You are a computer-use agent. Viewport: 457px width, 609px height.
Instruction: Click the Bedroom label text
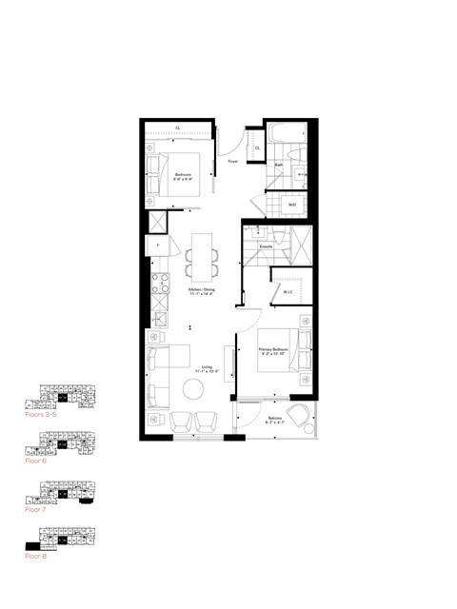tap(184, 177)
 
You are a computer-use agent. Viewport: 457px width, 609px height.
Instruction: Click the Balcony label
tap(274, 420)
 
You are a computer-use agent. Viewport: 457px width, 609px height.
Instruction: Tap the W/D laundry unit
tap(291, 204)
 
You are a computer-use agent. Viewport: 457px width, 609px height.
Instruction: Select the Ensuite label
tap(268, 246)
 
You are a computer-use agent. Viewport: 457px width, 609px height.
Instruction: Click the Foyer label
tap(232, 162)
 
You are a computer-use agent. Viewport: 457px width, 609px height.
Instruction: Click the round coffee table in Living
tap(193, 388)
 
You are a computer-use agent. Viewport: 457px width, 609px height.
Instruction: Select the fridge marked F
tap(157, 246)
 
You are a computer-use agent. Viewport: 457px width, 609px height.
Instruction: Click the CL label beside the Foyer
tap(257, 147)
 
